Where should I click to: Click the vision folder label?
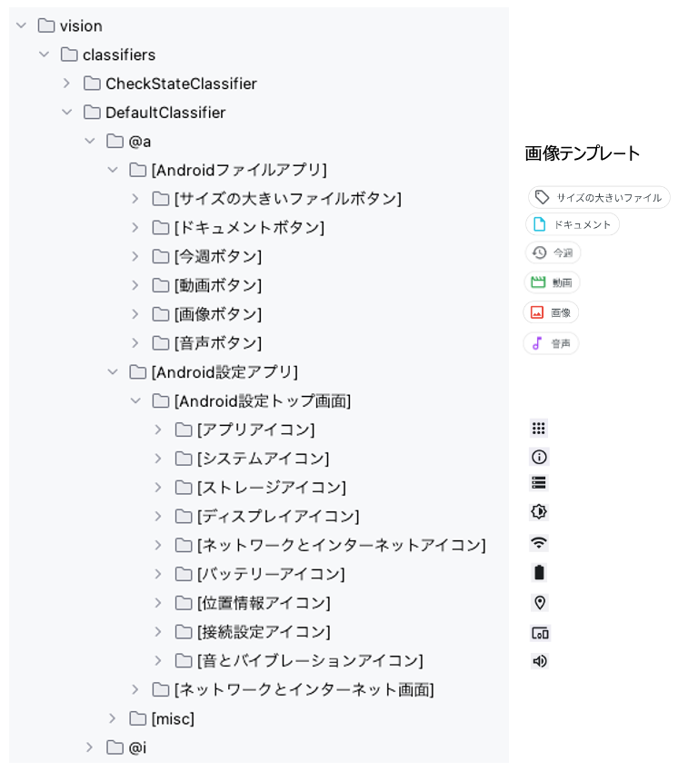click(x=81, y=26)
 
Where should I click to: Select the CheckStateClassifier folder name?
click(x=181, y=84)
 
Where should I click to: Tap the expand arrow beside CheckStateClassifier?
click(x=67, y=84)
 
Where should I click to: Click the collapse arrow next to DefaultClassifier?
click(x=67, y=113)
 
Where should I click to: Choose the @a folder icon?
click(x=115, y=141)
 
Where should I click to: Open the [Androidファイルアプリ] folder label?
click(x=239, y=170)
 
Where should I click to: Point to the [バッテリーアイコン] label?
click(x=271, y=574)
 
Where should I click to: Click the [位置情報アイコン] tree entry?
click(x=264, y=603)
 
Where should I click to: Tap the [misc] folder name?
click(x=173, y=719)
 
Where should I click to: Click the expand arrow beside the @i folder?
click(x=90, y=747)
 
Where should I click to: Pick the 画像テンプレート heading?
click(x=583, y=153)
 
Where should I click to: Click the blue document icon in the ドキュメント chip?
click(x=539, y=224)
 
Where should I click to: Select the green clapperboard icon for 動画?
click(x=538, y=282)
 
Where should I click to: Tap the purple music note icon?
click(x=537, y=343)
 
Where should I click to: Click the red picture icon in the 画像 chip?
click(x=537, y=312)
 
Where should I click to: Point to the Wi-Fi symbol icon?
click(x=539, y=542)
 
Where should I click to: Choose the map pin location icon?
click(x=540, y=602)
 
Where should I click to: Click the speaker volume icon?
click(x=540, y=661)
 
